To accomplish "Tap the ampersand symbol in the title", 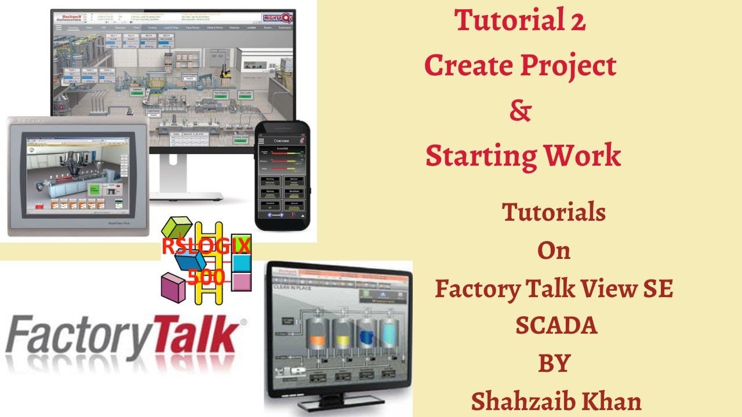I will pos(520,111).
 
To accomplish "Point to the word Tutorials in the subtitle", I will pos(554,213).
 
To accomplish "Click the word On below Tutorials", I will pos(554,250).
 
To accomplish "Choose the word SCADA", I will pos(556,326).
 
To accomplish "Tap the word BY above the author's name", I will pos(554,363).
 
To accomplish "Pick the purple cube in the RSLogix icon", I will pos(173,287).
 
